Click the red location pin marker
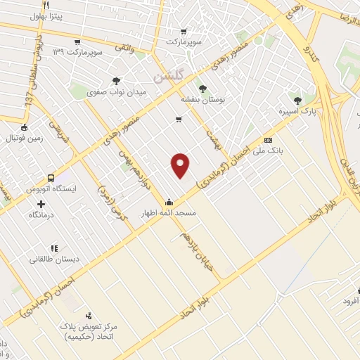click(x=181, y=165)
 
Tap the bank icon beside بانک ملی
click(x=268, y=140)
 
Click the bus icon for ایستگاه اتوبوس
click(x=51, y=179)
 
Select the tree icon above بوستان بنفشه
click(x=202, y=89)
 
